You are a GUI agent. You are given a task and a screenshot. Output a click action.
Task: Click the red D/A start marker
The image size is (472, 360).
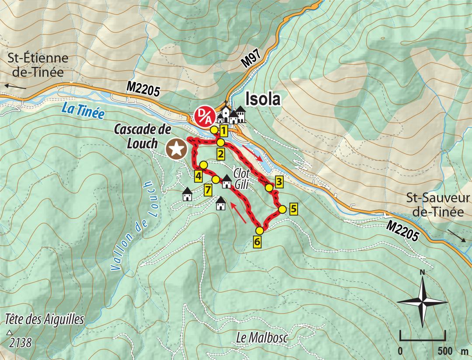[203, 116]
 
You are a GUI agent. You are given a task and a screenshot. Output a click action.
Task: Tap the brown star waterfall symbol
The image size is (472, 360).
[176, 149]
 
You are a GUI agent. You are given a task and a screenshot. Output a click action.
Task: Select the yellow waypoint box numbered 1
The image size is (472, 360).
[223, 130]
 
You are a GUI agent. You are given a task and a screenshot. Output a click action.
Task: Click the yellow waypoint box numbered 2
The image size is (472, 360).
[221, 154]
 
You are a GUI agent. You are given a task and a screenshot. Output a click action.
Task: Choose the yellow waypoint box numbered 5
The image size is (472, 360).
[293, 209]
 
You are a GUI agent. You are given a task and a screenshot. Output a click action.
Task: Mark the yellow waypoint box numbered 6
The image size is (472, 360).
[257, 241]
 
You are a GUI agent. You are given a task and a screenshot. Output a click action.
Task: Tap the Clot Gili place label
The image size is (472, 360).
[241, 178]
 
